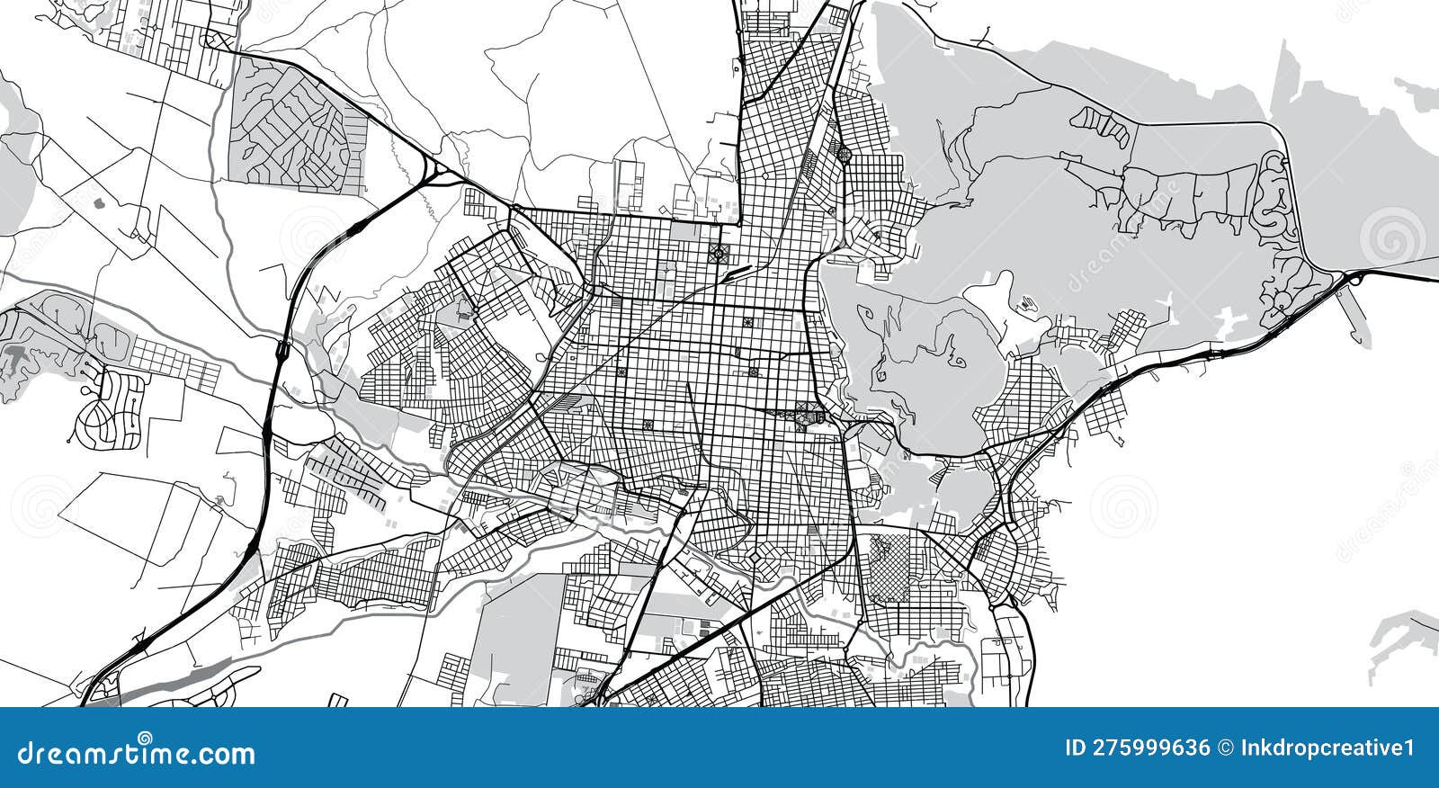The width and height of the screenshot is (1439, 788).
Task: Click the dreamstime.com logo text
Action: pyautogui.click(x=138, y=752)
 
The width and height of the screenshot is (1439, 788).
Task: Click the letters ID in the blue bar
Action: pyautogui.click(x=1076, y=748)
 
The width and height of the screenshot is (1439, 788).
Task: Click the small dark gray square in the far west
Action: pyautogui.click(x=98, y=203)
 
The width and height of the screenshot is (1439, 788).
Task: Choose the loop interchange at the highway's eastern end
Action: pyautogui.click(x=1354, y=278)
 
